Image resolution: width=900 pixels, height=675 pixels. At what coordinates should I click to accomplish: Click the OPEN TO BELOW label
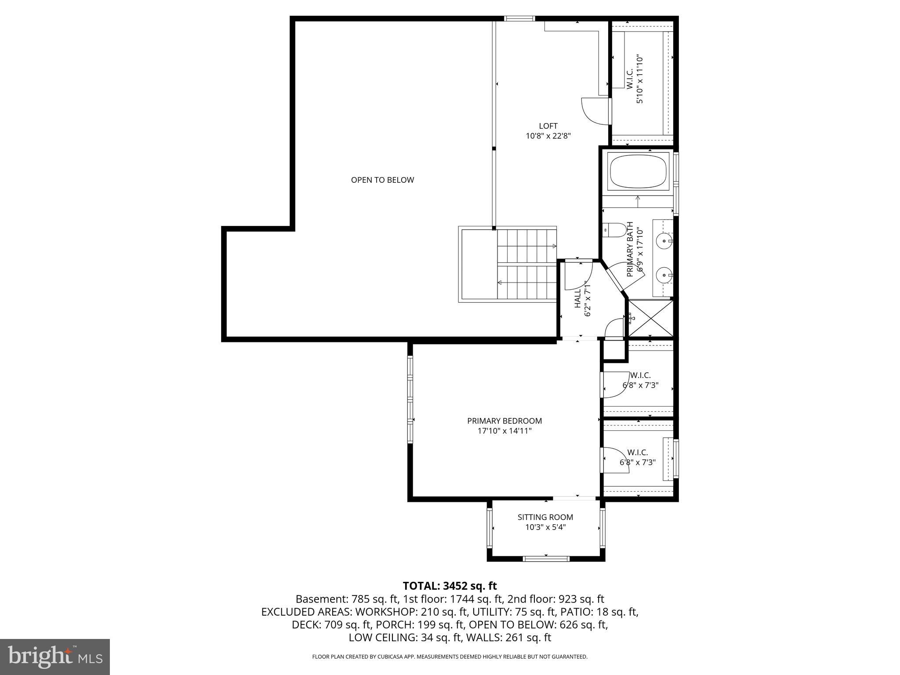pos(382,180)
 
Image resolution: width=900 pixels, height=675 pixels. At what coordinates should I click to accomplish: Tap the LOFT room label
pos(548,126)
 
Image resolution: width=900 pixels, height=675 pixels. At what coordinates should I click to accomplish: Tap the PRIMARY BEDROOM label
pos(504,421)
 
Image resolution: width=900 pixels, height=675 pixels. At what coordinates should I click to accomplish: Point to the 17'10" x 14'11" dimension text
pos(504,431)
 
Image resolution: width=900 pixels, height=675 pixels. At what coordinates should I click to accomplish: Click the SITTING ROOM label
pos(545,517)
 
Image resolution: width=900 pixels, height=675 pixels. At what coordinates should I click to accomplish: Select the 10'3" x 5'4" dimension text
pos(545,527)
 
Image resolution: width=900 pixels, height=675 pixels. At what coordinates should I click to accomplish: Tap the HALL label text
pos(577,298)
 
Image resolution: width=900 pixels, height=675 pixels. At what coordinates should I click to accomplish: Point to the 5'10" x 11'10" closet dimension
pos(640,80)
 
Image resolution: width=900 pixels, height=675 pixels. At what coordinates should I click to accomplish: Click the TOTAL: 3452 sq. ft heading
pos(450,586)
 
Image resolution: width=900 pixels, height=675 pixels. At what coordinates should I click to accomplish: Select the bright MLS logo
pos(55,657)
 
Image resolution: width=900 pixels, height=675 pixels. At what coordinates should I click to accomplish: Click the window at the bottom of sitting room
pos(546,559)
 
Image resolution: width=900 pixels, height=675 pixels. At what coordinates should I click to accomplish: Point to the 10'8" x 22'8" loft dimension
pos(548,136)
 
